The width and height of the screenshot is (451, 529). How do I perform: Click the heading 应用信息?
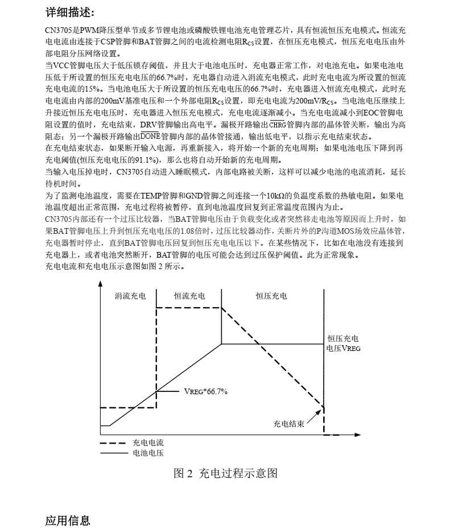pos(68,520)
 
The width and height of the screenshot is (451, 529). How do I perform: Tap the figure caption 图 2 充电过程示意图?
pos(225,473)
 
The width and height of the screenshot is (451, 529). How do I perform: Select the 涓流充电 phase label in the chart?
pos(130,296)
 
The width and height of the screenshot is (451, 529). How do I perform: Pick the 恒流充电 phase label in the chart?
pos(189,296)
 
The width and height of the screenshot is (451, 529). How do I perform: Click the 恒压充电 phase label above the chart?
pos(271,296)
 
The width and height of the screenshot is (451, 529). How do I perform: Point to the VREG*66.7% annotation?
pos(205,391)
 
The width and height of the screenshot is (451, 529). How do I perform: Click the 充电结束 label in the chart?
pos(288,424)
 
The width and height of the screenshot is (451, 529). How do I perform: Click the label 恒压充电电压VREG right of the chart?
pos(343,343)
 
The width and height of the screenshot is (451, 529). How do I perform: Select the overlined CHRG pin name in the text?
pos(277,125)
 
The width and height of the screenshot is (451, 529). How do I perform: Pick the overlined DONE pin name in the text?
pos(150,137)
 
